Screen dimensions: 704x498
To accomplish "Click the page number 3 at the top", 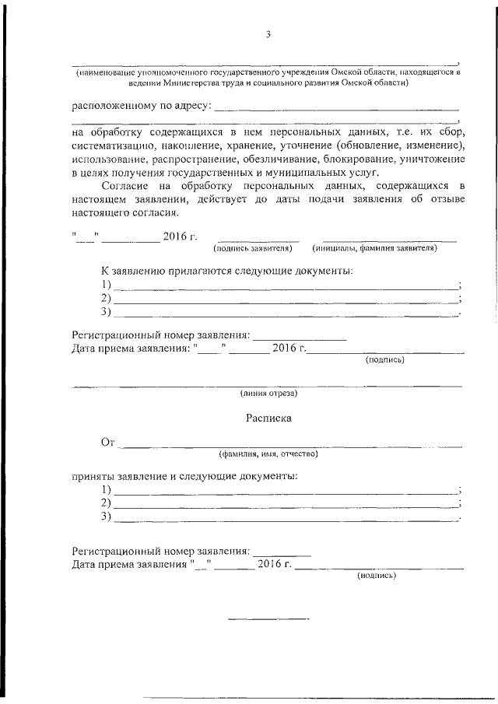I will point(268,33).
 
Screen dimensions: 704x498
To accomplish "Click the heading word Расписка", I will point(268,418).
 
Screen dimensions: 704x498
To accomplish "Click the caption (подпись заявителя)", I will point(253,248).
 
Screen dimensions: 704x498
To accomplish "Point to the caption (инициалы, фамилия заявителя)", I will point(375,248).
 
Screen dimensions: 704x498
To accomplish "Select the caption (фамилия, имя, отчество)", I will point(268,454).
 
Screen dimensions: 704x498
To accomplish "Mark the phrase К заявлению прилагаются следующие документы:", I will point(226,271).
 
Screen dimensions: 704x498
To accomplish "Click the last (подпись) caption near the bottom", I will point(377,576).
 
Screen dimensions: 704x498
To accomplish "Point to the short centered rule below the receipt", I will point(268,619).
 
